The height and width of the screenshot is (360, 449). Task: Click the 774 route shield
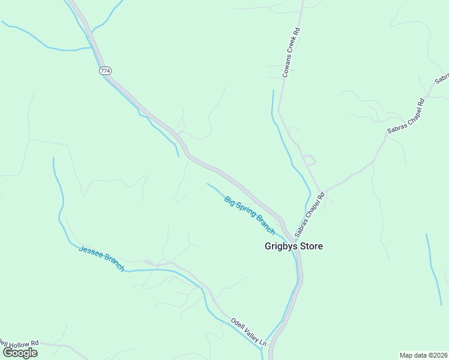point(105,71)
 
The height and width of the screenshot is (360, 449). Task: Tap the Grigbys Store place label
point(294,246)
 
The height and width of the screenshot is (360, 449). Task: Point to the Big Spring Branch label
point(249,215)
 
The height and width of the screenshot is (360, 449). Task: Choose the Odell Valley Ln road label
point(249,331)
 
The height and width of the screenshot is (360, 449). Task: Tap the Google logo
point(20,352)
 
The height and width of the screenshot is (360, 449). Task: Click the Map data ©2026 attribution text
point(423,355)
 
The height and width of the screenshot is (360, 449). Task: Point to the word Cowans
point(287,68)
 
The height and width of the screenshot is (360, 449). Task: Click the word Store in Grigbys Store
point(312,246)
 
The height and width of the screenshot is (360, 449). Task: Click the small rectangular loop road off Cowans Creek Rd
point(309,160)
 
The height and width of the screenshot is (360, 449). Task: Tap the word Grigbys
point(282,246)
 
